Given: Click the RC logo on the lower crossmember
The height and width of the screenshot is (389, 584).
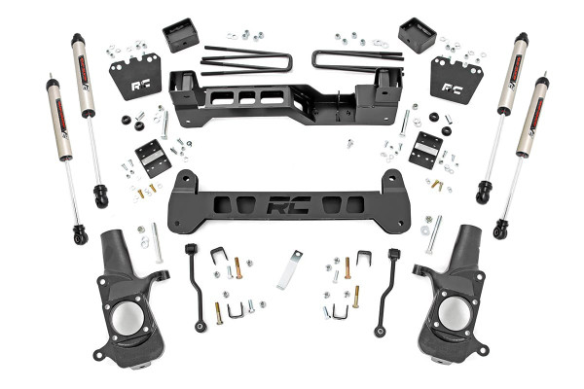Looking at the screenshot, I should coord(288,207).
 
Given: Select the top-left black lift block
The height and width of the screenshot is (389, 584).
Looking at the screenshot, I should coord(179,37).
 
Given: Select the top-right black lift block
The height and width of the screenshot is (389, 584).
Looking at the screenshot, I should coord(417,35).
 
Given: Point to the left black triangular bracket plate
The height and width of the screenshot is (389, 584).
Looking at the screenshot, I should coord(134,76).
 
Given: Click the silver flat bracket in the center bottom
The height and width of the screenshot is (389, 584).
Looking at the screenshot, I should coord(289,270).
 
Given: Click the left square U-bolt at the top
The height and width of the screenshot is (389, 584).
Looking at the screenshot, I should coord(246,58).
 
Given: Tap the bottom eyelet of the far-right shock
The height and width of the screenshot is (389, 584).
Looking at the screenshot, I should coord(500,230).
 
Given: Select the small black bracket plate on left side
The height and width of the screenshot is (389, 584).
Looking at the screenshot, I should coord(152,154).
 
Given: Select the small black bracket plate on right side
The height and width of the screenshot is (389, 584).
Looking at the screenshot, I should coord(426,147).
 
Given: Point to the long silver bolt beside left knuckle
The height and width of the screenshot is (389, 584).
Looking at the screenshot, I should coord(157,243).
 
